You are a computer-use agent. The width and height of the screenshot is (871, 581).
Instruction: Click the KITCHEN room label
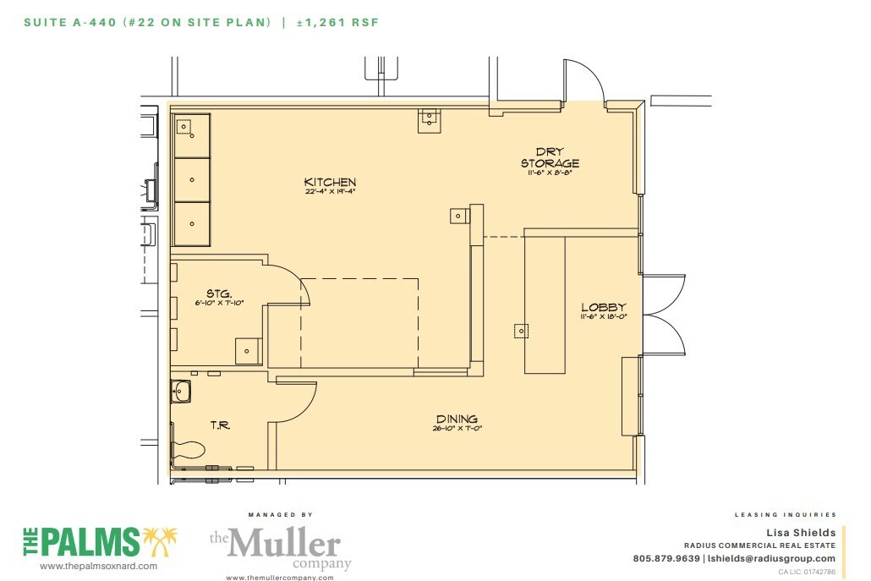click(330, 182)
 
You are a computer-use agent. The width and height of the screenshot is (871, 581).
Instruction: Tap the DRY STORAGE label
click(550, 157)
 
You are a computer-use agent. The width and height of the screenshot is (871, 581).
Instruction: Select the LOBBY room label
click(603, 307)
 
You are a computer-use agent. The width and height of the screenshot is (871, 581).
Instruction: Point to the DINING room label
click(457, 419)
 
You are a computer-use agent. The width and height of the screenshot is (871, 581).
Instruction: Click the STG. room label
click(219, 293)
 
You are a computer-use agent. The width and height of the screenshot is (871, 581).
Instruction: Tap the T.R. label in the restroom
click(220, 425)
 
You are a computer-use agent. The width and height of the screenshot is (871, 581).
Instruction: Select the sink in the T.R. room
click(181, 391)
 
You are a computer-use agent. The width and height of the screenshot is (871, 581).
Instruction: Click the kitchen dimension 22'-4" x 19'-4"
click(330, 192)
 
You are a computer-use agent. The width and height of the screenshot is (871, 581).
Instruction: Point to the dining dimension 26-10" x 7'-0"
click(457, 429)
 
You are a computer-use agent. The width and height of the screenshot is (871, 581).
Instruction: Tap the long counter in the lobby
click(545, 304)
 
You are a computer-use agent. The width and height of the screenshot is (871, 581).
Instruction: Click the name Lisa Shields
click(800, 532)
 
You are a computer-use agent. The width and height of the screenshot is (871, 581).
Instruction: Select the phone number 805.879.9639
click(666, 558)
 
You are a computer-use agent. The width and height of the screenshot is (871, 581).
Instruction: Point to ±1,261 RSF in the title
click(337, 23)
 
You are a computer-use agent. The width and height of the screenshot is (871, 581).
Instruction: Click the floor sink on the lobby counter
click(521, 331)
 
